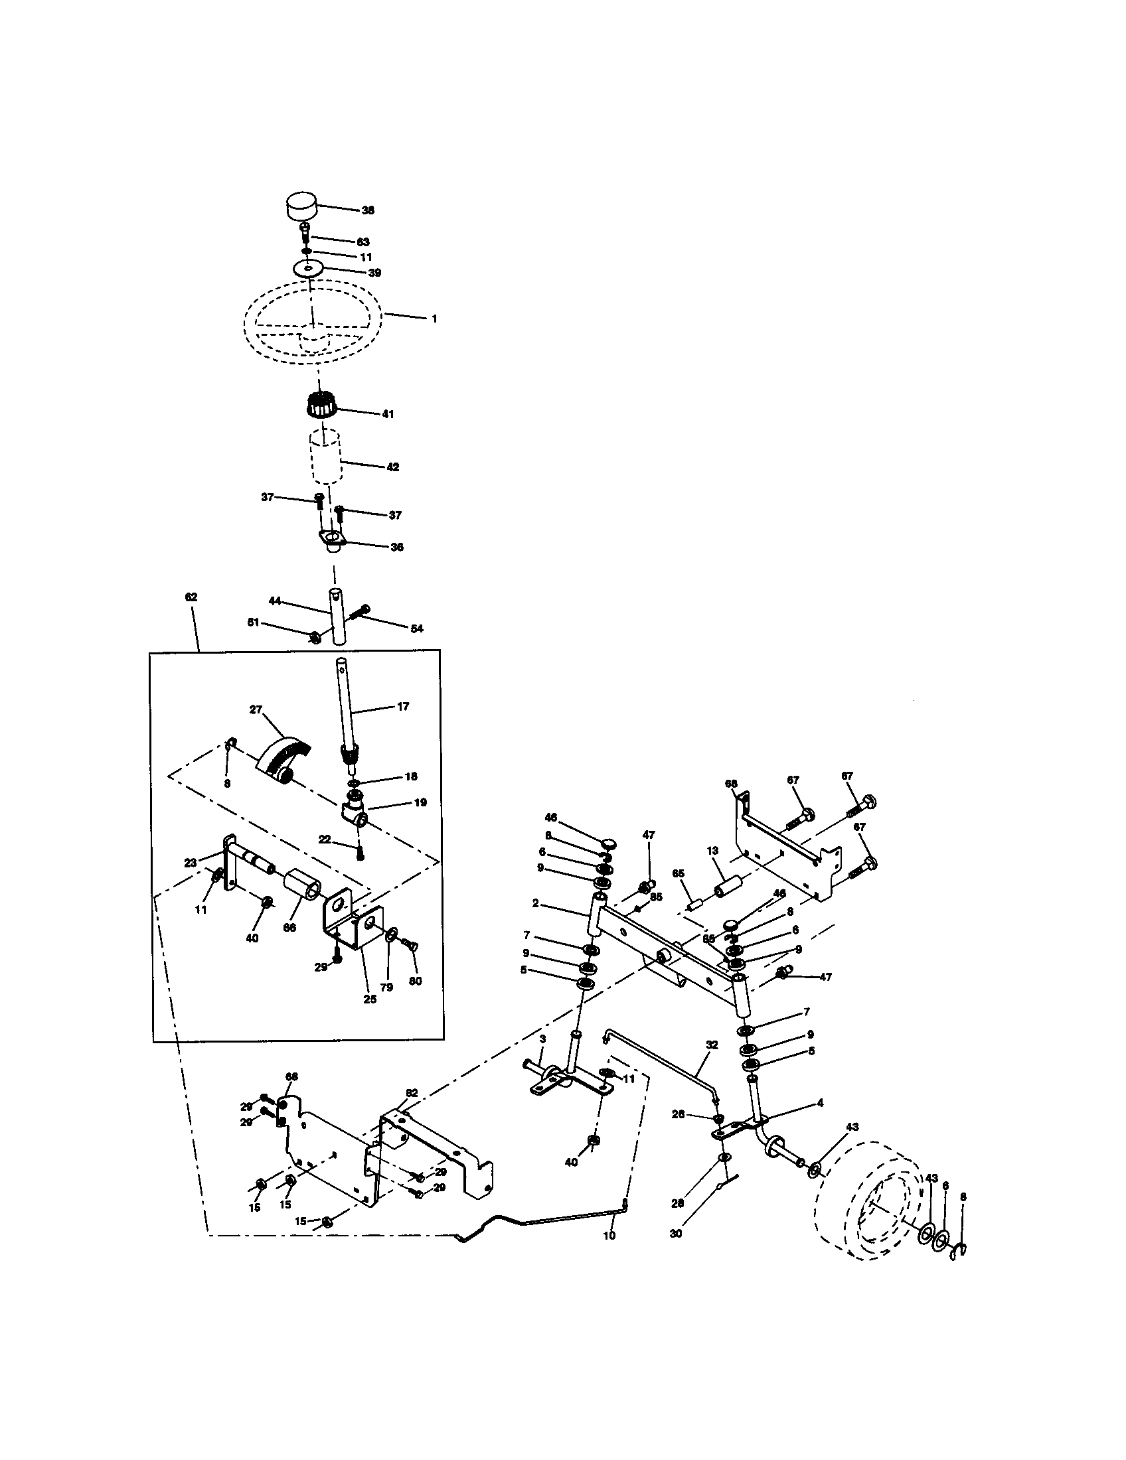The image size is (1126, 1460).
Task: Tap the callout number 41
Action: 388,414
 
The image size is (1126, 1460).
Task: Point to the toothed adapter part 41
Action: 320,406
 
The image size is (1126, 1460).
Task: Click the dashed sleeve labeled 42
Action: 325,458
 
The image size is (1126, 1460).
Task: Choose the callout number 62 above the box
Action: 191,597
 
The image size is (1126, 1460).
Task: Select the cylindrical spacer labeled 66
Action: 298,889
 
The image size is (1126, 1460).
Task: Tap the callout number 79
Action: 386,987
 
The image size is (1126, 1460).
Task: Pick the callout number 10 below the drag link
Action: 608,1236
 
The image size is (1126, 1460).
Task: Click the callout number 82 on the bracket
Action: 411,1092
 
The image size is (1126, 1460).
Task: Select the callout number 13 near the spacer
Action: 712,851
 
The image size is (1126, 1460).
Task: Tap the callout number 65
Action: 679,874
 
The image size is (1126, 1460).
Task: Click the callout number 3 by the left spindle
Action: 542,1039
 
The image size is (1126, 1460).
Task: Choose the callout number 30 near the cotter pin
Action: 676,1234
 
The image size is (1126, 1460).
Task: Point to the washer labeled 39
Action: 308,269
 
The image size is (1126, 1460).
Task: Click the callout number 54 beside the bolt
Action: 416,628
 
